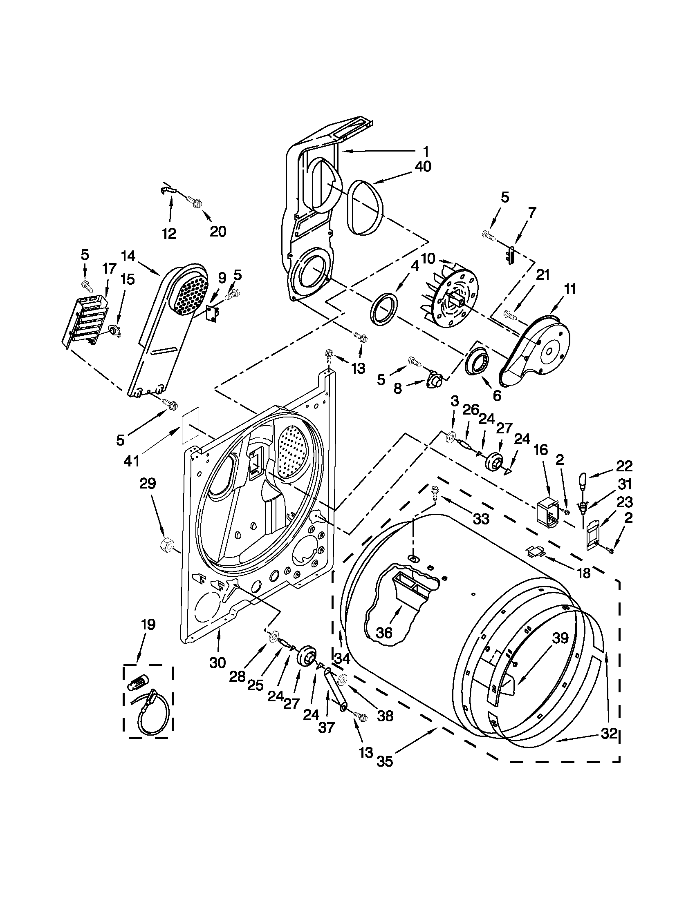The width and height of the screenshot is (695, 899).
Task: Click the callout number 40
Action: click(423, 167)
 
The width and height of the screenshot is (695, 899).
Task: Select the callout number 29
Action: click(148, 483)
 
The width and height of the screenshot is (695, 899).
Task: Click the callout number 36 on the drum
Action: click(384, 633)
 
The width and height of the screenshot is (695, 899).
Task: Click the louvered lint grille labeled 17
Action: click(86, 323)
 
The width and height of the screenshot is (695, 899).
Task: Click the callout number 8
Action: click(397, 388)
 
